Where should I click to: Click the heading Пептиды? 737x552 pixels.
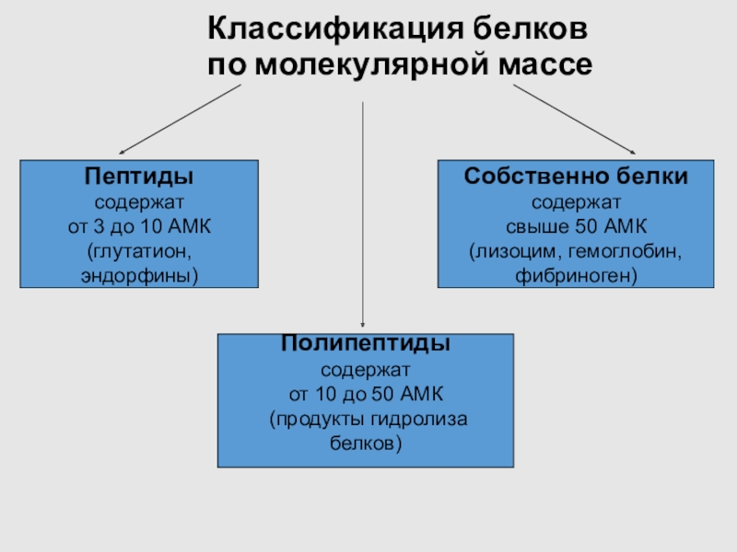point(140,176)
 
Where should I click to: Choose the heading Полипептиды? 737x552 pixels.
point(366,345)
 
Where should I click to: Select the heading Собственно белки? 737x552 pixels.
point(576,176)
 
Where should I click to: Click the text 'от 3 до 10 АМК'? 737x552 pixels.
point(140,226)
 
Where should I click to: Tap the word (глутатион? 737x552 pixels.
point(140,250)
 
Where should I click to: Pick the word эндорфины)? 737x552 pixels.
point(140,274)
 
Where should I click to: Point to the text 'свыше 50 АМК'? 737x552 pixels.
point(577,226)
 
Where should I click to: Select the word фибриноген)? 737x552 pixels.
point(577,274)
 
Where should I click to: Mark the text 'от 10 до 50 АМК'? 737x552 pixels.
point(366,395)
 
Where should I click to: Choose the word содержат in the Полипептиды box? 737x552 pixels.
point(366,371)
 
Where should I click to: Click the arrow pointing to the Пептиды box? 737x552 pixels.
point(180,118)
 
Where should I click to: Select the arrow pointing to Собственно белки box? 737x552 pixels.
point(575,118)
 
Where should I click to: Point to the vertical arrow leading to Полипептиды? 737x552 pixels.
point(365,212)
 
